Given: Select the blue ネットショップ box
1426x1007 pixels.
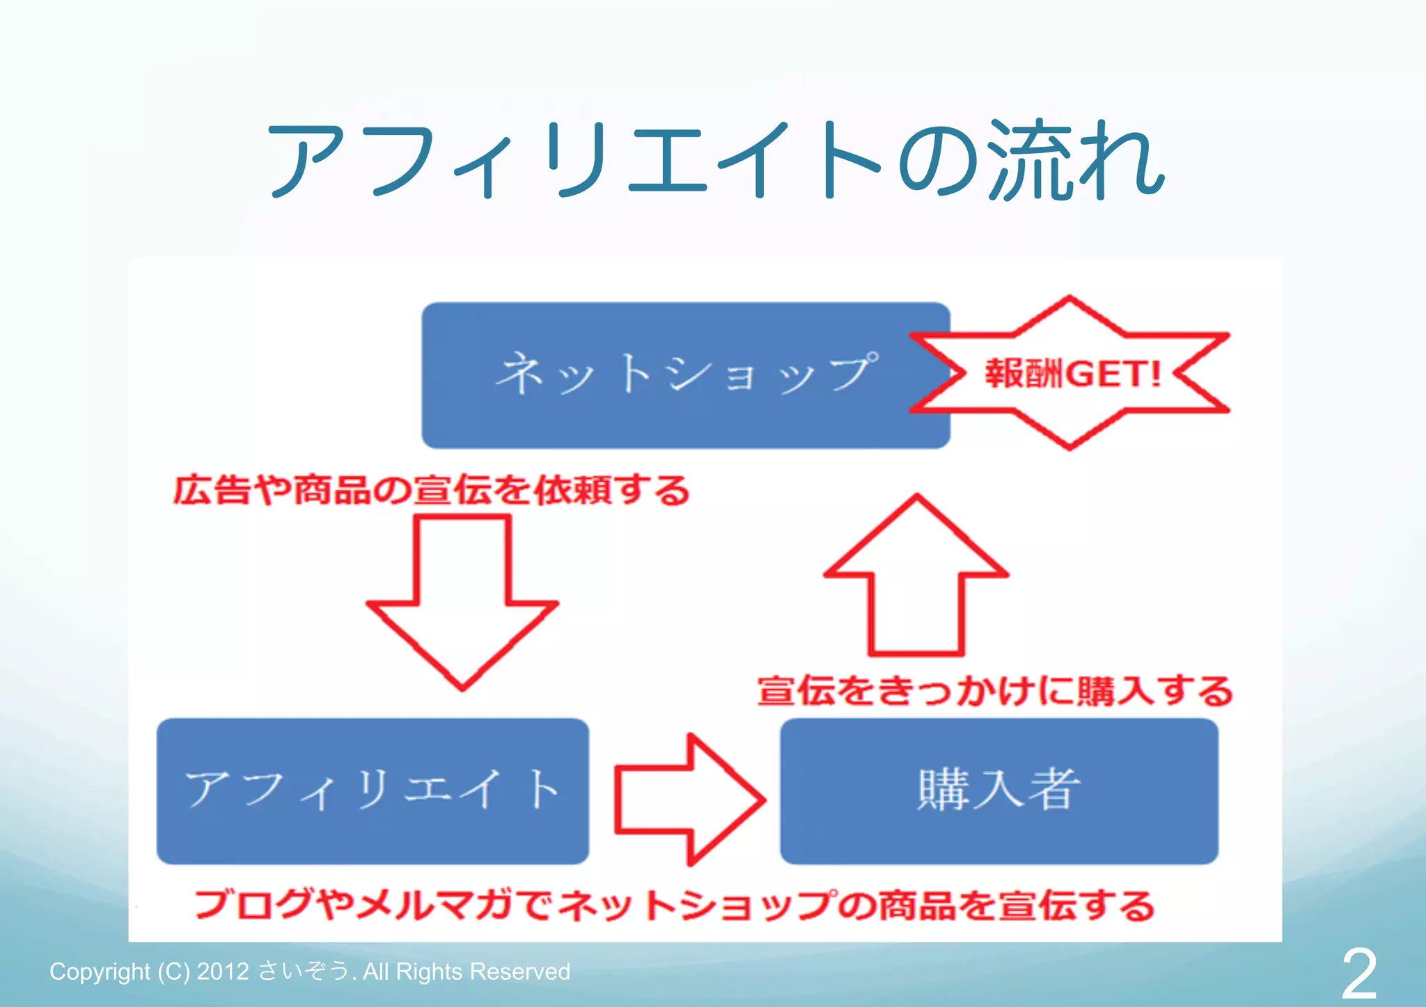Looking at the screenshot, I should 686,375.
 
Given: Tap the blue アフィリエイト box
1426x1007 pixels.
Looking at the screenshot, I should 373,791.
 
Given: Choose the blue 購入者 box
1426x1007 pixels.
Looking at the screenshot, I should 999,791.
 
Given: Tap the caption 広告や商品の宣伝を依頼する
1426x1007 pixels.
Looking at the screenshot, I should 431,490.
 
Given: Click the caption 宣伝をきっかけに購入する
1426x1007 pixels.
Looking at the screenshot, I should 995,691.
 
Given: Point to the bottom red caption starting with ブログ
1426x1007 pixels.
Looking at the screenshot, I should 674,905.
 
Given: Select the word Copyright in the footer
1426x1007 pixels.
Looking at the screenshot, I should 100,972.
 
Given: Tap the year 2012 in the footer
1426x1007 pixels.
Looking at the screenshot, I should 223,972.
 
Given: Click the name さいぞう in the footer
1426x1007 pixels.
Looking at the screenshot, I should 304,971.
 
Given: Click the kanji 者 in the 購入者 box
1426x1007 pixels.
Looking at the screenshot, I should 1054,790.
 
